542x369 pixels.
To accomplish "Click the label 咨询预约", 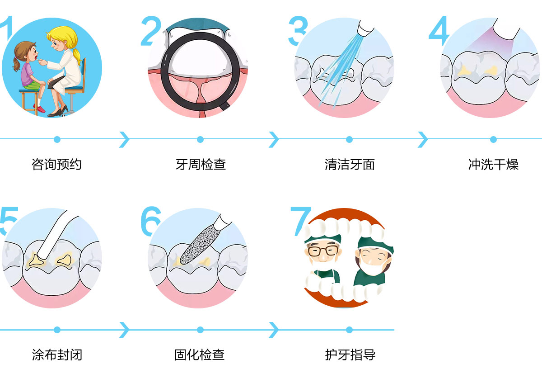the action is point(56,164).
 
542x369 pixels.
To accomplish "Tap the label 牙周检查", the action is point(201,164).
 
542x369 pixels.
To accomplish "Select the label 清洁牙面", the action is point(350,164).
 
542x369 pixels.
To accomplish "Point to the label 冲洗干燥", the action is point(493,164).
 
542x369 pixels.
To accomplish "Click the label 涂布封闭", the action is point(57,355).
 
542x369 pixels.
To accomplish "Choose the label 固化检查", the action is point(200,355).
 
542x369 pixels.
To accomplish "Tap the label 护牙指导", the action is point(350,355).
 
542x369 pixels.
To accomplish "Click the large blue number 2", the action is point(151,31).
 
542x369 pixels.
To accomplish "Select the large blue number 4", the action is point(439,31).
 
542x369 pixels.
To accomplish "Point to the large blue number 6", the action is point(150,221).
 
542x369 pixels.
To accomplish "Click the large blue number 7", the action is point(300,221).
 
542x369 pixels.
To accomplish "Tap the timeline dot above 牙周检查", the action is point(200,139).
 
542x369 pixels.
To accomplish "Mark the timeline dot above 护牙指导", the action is point(349,330).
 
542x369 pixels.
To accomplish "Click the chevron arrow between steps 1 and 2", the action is point(125,140).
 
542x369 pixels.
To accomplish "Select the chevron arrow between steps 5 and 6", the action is point(125,330).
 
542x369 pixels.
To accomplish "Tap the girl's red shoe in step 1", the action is point(40,109).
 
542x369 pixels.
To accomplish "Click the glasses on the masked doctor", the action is point(323,251).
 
